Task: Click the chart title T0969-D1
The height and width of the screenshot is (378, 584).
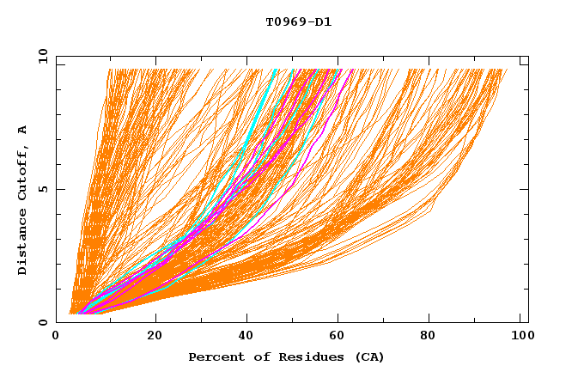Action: tap(298, 22)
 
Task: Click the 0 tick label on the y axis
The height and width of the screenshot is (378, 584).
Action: tap(43, 323)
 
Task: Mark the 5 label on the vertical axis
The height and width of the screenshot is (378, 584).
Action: tap(43, 189)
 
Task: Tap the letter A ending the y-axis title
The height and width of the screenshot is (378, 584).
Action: tap(23, 130)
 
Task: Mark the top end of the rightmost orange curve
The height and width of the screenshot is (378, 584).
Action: tap(507, 70)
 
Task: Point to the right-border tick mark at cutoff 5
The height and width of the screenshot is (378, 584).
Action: tap(525, 189)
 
